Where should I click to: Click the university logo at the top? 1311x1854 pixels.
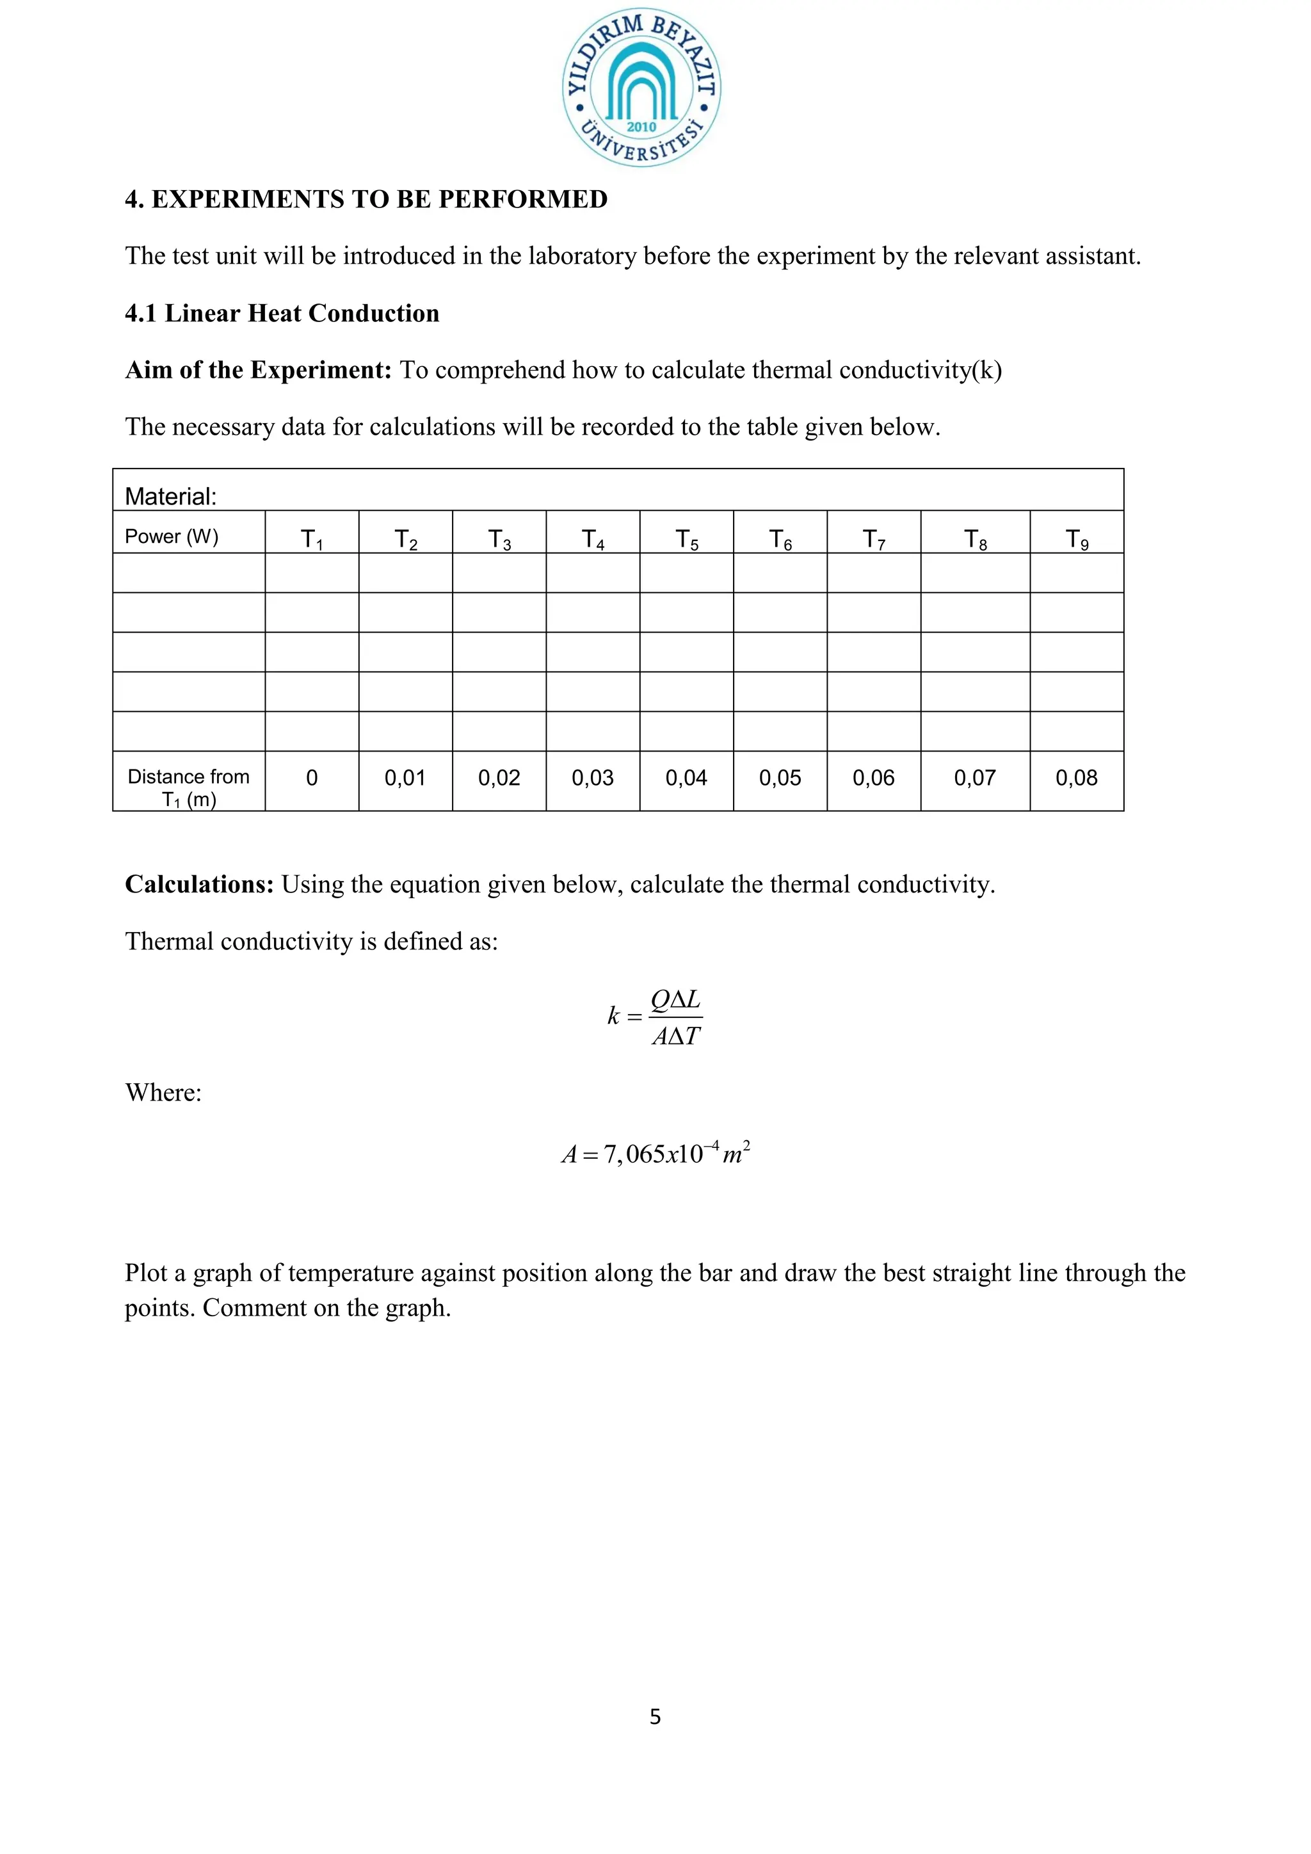tap(642, 89)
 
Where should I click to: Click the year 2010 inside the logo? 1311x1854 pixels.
tap(642, 127)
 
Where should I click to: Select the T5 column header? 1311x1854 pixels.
tap(686, 538)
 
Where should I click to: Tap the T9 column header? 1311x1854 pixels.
tap(1076, 538)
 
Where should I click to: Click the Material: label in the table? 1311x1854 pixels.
tap(170, 496)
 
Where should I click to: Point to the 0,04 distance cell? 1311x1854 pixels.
tap(686, 778)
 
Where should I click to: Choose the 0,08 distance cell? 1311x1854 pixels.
tap(1076, 778)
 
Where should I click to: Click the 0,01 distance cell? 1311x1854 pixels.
tap(405, 778)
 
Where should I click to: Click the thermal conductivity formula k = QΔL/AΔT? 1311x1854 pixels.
tap(655, 1017)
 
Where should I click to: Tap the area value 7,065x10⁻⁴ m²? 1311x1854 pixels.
tap(655, 1153)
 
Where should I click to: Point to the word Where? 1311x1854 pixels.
tap(163, 1093)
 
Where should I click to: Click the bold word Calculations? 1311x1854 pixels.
tap(199, 884)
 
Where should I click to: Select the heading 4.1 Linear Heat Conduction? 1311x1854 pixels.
tap(282, 313)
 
